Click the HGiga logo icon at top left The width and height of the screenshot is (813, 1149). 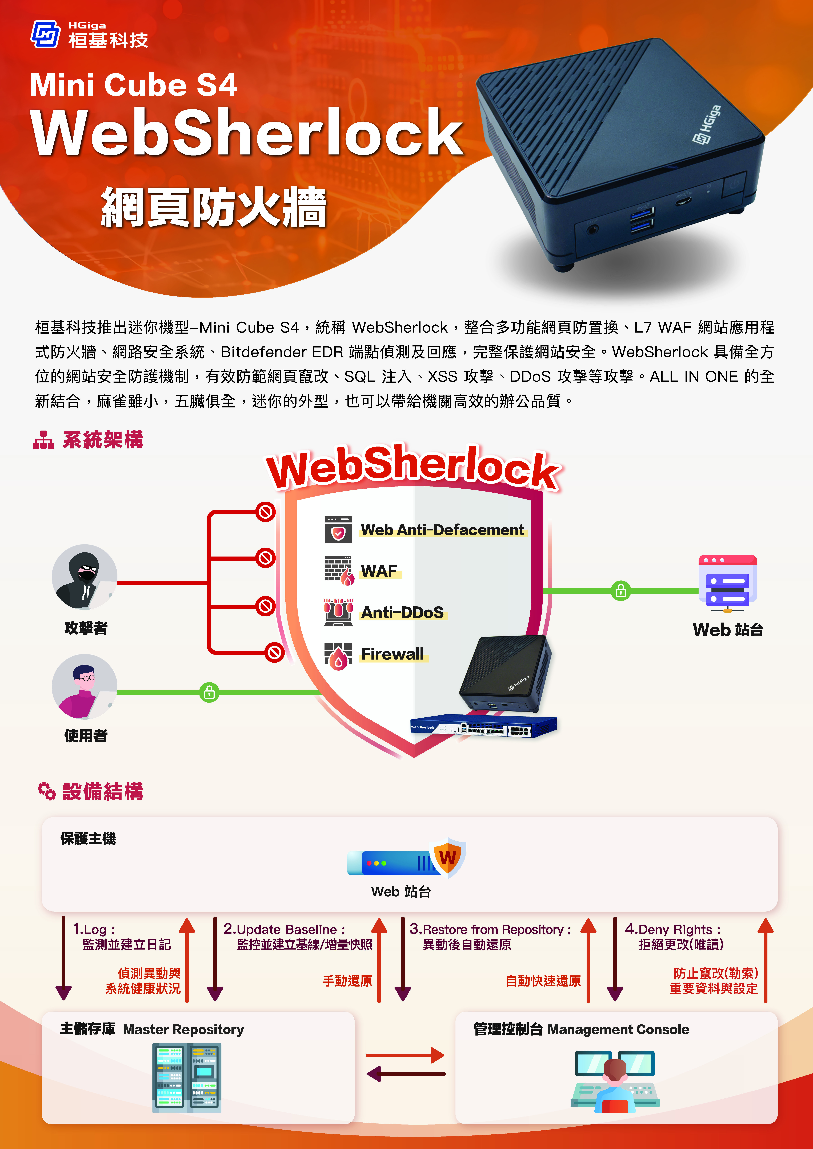46,34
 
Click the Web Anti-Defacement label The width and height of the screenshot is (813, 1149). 443,530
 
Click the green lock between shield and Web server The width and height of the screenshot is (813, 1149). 621,591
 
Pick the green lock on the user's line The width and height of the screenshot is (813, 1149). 209,693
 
